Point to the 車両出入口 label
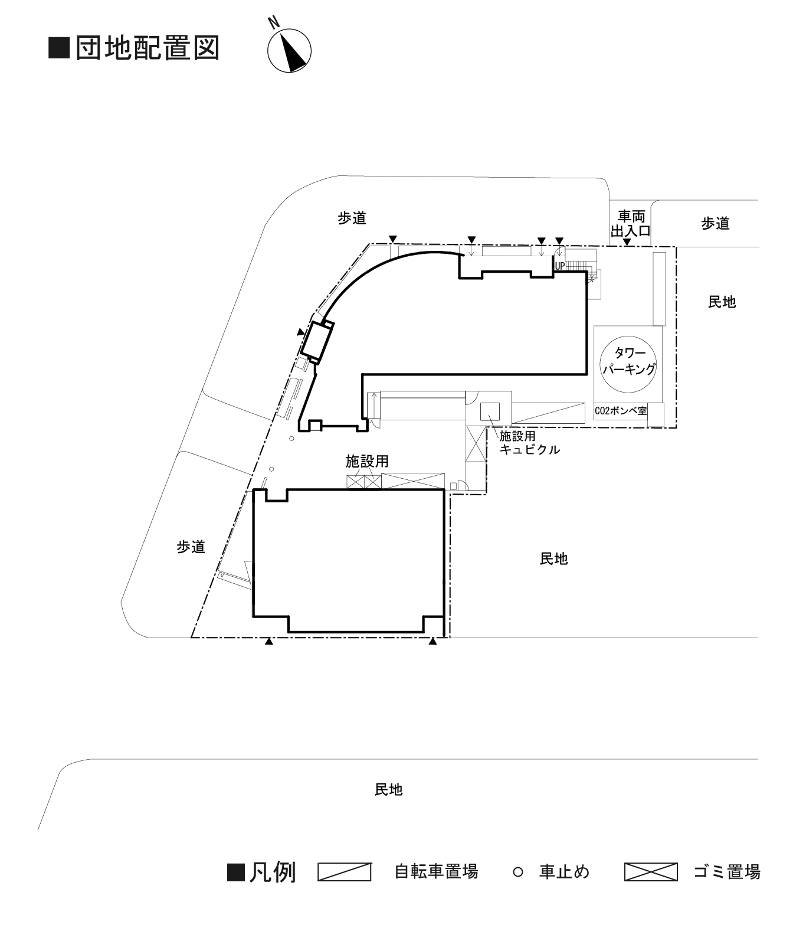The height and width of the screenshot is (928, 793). (630, 223)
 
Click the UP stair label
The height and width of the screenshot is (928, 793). (559, 266)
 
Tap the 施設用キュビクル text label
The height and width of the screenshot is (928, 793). (529, 443)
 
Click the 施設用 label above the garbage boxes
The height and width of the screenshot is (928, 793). (366, 462)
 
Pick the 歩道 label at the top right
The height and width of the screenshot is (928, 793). (715, 223)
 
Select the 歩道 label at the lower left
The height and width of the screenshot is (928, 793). (191, 547)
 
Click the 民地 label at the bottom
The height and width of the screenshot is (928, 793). (388, 789)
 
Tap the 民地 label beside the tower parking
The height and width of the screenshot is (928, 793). (722, 302)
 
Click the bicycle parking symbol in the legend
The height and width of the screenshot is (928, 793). (344, 872)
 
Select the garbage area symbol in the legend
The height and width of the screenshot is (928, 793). (650, 872)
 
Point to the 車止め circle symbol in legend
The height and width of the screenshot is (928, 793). (517, 872)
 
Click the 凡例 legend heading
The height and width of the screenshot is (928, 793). (272, 872)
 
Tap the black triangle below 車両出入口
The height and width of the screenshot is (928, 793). (627, 241)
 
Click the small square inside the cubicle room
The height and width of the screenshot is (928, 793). (490, 411)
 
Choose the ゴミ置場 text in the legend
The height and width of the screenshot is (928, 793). (726, 872)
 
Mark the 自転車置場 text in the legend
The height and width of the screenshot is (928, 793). (436, 872)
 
